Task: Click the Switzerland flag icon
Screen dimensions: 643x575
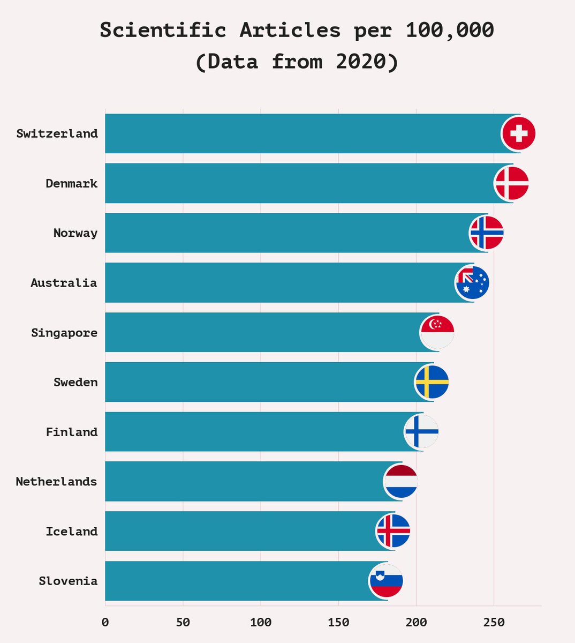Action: coord(518,133)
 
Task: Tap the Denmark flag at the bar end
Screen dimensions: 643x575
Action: coord(511,183)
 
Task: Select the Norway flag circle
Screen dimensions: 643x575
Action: coord(487,233)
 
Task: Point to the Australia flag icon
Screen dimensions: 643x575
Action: coord(472,283)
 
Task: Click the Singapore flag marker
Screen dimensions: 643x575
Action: coord(437,333)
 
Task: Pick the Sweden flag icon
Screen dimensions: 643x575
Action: coord(432,382)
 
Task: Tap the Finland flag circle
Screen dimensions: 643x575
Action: coord(421,432)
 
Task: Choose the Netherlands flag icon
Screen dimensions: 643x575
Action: coord(400,482)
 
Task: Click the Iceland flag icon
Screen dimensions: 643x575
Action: coord(393,531)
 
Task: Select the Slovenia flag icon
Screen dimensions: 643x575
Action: coord(386,581)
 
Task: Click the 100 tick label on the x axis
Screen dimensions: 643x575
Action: coord(261,623)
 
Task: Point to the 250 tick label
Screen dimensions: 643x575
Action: coord(494,623)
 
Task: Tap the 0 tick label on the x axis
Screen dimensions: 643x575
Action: coord(105,623)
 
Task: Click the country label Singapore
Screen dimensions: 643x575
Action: coord(64,333)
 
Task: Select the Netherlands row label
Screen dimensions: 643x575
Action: coord(57,482)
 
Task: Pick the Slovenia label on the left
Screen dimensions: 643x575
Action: coord(68,581)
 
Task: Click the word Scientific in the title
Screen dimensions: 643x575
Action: coord(163,30)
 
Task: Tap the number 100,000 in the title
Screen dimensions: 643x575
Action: coord(450,30)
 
